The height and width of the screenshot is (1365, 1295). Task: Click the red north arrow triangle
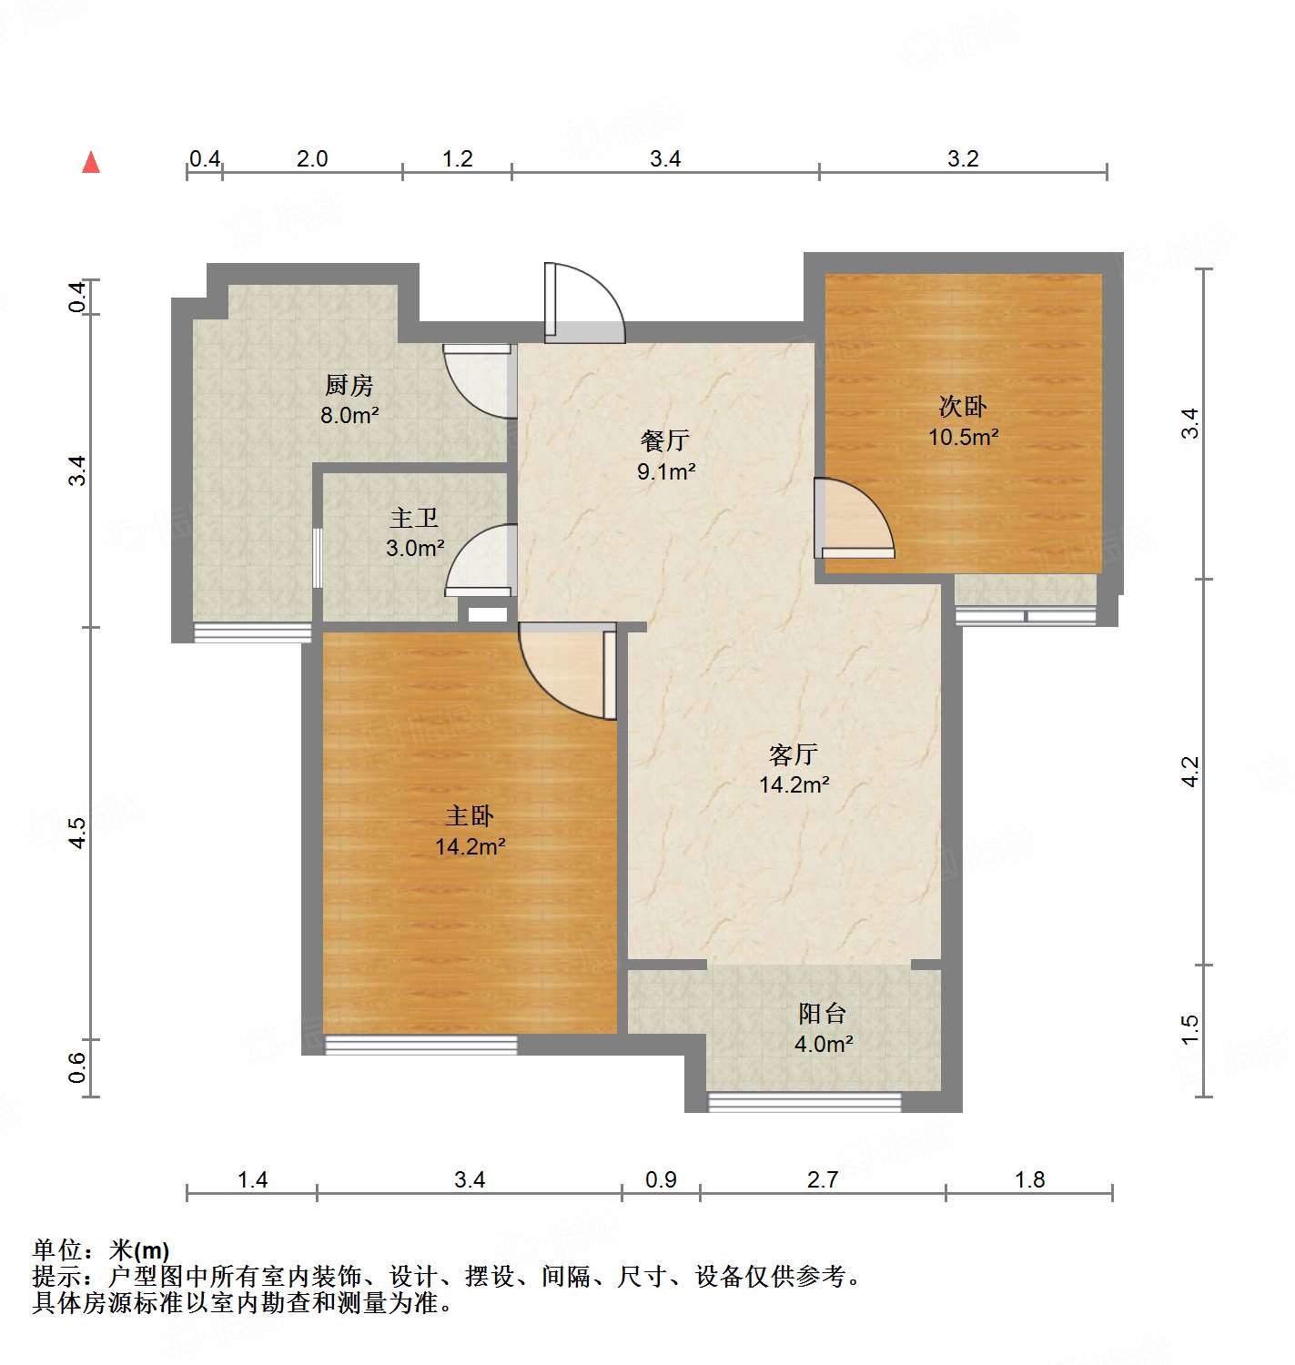91,163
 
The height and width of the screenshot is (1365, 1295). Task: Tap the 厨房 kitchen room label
349,386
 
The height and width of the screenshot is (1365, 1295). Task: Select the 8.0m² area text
349,416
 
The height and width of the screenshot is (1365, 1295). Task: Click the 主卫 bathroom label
414,519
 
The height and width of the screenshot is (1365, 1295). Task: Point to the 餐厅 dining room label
665,441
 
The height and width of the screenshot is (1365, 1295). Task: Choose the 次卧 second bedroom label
963,407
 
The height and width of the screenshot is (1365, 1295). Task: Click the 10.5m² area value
963,437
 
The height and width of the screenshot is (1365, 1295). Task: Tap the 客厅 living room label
794,754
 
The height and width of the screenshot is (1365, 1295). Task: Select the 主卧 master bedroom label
470,816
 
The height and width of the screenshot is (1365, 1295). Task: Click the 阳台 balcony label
823,1014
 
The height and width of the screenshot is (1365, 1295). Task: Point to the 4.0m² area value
823,1044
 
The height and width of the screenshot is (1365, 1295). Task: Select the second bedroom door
853,519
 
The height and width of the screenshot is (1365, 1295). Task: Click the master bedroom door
566,669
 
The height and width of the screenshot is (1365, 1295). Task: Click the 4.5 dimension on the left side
78,834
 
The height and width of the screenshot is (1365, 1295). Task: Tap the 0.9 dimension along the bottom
661,1180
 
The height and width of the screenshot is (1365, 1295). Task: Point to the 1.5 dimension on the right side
1190,1030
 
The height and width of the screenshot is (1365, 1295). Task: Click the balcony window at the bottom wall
804,1102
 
